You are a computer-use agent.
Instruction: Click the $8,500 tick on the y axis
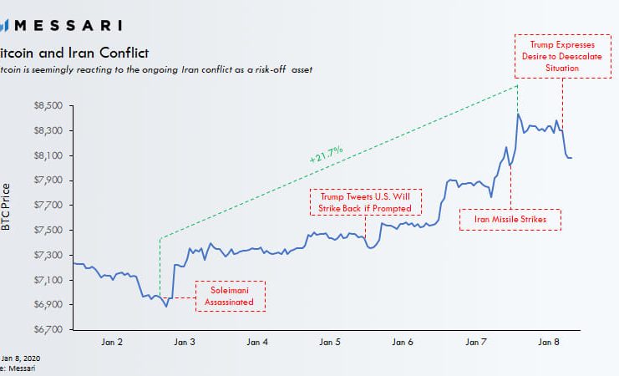click(x=48, y=106)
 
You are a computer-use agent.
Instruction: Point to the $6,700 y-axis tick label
click(x=48, y=329)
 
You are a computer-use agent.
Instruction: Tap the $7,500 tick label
click(x=48, y=230)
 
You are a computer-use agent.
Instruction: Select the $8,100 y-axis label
click(x=48, y=155)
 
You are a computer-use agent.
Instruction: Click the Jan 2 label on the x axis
click(x=111, y=342)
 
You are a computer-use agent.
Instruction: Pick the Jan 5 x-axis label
click(x=330, y=342)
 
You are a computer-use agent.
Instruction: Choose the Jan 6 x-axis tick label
click(x=403, y=342)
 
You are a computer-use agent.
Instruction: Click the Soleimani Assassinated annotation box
click(x=231, y=296)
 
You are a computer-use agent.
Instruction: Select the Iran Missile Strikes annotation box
click(x=510, y=219)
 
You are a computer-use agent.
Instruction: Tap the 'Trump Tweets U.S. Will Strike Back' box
click(x=366, y=201)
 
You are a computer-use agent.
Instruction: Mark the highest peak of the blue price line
click(x=519, y=114)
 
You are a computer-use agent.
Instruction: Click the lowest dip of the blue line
click(x=166, y=307)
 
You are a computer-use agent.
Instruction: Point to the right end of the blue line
click(x=571, y=158)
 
